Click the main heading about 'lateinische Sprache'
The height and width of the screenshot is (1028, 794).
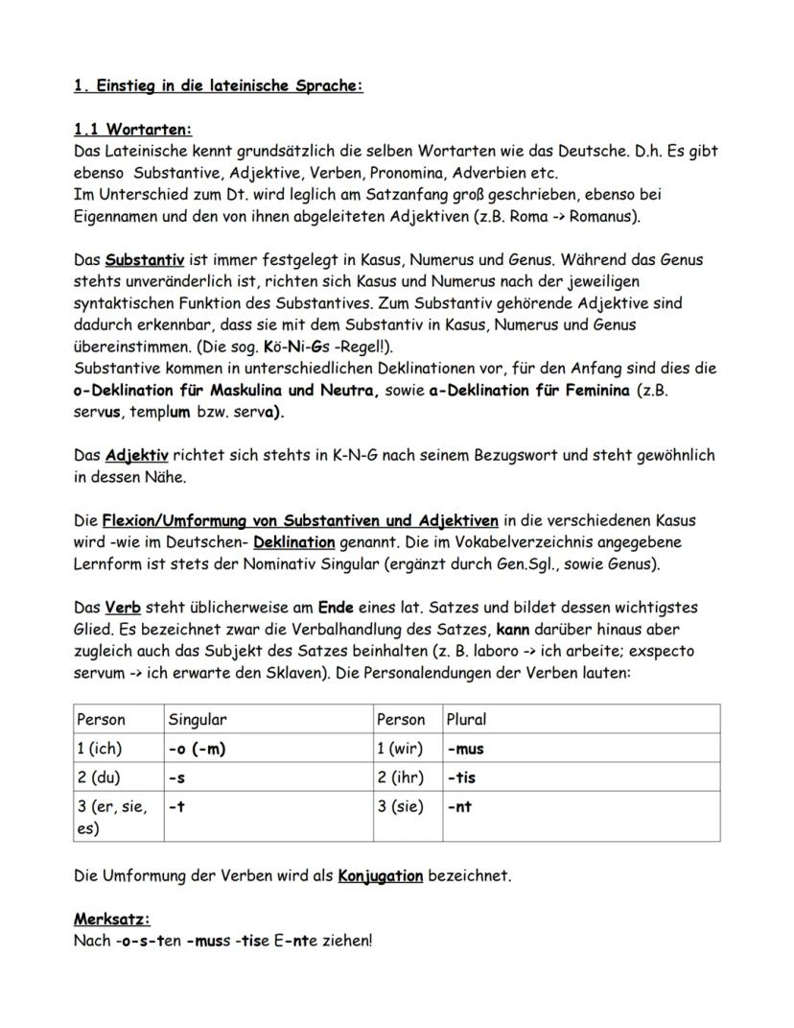tap(218, 85)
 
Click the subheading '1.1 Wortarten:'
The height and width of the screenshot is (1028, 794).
tap(132, 129)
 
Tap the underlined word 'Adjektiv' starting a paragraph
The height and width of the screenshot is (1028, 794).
tap(136, 456)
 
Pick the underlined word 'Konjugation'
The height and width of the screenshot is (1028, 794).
tap(380, 876)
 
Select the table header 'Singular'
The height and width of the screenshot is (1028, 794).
tap(197, 719)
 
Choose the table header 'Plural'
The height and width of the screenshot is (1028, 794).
tap(466, 719)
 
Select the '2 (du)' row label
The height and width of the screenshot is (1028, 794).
tap(102, 777)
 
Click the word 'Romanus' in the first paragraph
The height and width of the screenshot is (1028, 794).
tap(602, 216)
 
